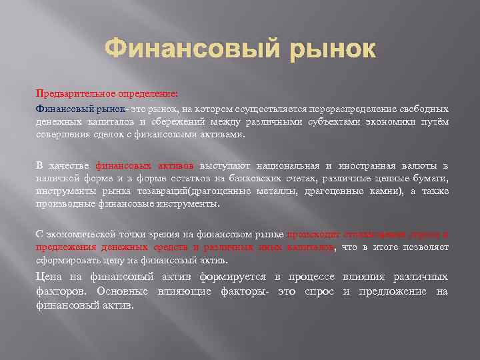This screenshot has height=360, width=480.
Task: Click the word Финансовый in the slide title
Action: [x=177, y=49]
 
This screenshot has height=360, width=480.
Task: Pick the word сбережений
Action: [x=187, y=121]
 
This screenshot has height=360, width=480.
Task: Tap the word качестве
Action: [x=70, y=165]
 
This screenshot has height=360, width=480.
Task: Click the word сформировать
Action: [x=65, y=261]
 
